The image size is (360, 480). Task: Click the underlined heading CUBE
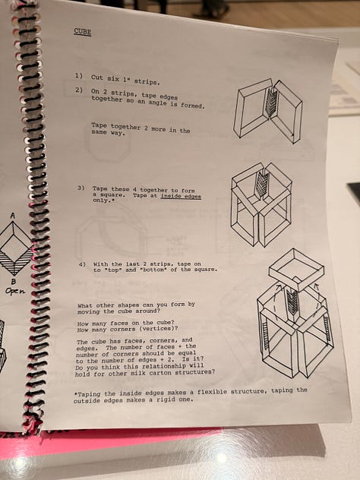point(82,32)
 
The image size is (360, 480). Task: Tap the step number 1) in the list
point(79,76)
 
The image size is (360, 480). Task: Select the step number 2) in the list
point(79,90)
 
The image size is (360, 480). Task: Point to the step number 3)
point(81,188)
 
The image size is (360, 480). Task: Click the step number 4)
point(82,264)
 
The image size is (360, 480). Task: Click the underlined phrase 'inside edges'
point(181,196)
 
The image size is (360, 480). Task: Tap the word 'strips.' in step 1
point(147,82)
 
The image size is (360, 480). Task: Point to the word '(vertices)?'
point(161,329)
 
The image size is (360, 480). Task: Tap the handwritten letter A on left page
point(13,216)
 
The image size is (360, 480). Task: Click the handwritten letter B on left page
point(14,281)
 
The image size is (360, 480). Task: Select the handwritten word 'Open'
point(15,291)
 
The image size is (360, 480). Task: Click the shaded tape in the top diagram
point(271,102)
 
